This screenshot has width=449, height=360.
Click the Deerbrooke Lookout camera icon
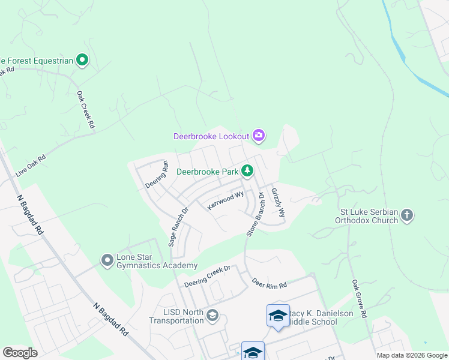[259, 136]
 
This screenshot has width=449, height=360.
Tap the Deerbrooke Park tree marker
[247, 171]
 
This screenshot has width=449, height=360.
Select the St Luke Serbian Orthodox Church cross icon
[407, 215]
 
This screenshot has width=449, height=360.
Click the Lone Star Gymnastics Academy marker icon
[107, 260]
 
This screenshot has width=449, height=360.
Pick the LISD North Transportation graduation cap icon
[212, 316]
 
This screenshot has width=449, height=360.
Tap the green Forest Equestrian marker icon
[82, 60]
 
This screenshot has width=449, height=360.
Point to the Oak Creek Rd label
[86, 110]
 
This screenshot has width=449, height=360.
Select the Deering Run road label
[158, 174]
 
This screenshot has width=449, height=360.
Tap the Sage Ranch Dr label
[178, 227]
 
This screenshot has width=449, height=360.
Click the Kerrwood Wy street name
[225, 200]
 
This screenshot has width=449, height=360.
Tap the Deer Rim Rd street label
[270, 283]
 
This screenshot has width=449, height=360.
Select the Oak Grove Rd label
[359, 298]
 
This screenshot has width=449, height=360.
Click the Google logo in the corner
[20, 353]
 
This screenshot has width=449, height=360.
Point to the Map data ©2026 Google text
[411, 355]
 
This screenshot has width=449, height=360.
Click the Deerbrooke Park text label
[207, 171]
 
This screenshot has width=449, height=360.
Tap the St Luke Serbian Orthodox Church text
[369, 215]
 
